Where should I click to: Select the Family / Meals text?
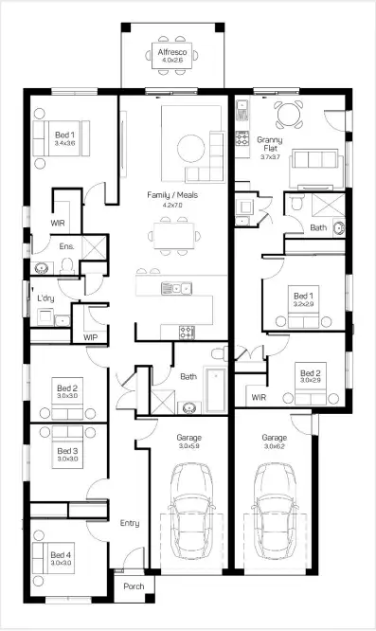point(170,194)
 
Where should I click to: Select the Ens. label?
point(66,246)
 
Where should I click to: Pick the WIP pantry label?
point(91,336)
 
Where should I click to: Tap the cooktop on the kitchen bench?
point(187,331)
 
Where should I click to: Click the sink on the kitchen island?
point(174,287)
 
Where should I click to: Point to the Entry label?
point(129,522)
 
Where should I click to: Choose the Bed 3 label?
point(66,451)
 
